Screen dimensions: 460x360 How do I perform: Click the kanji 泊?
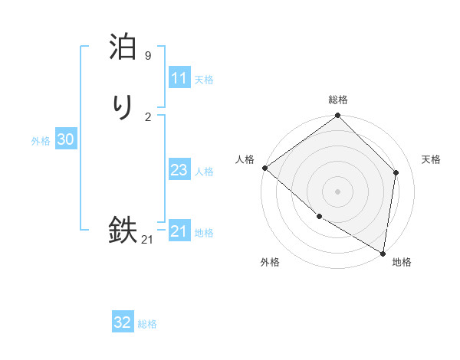pos(123,47)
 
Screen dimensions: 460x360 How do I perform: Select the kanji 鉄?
pos(123,231)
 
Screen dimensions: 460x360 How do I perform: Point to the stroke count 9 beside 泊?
pos(148,56)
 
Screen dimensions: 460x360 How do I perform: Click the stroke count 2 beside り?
pos(148,116)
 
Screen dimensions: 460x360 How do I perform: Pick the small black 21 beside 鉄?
pos(147,240)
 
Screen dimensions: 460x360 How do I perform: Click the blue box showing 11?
pos(179,78)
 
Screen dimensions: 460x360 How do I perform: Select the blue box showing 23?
pos(179,170)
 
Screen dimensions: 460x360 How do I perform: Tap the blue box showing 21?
pos(179,231)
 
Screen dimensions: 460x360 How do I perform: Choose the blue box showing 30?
pos(65,139)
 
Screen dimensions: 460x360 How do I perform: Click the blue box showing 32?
pos(123,322)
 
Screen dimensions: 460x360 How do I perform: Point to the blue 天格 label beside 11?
pos(204,79)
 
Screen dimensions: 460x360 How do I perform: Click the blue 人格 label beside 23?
pos(204,171)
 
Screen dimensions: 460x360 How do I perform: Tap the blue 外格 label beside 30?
pos(41,140)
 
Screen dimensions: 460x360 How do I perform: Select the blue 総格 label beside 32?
pos(147,323)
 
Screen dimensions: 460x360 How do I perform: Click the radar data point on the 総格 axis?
pos(338,116)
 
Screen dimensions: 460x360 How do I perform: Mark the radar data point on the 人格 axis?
pos(264,168)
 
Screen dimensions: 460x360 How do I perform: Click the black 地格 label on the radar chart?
pos(402,262)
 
